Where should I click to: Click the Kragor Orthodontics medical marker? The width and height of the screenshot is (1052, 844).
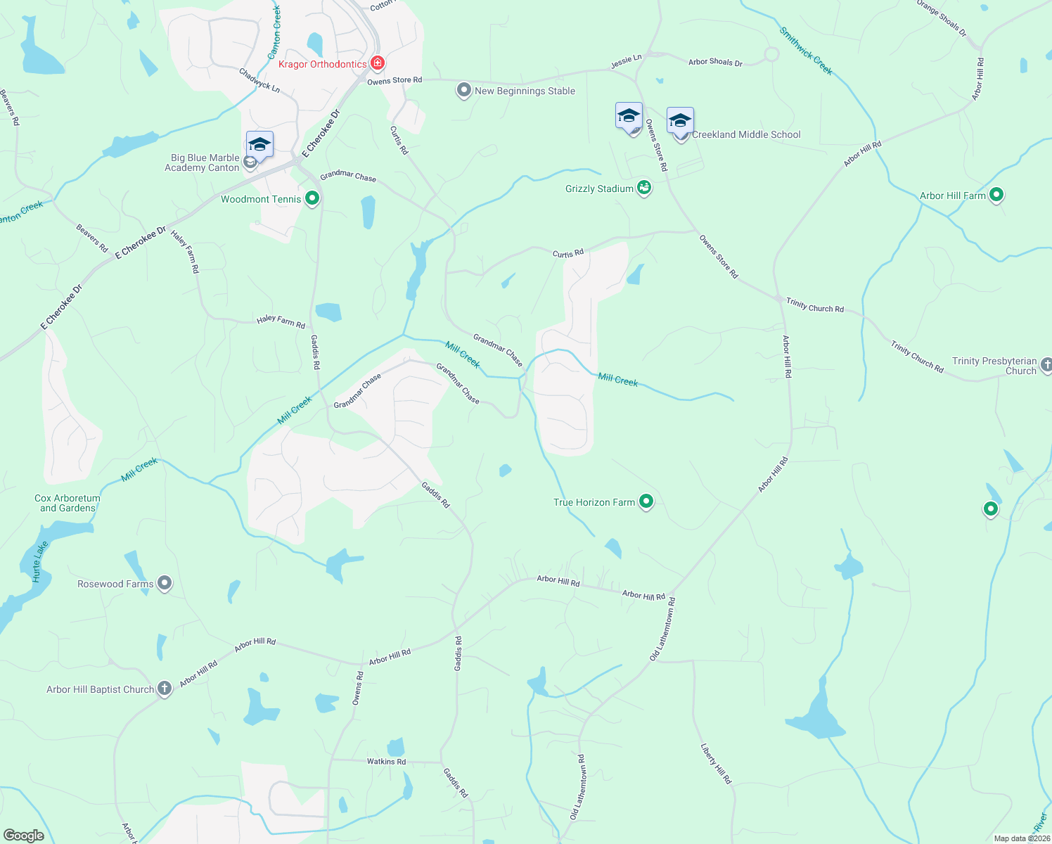pyautogui.click(x=378, y=64)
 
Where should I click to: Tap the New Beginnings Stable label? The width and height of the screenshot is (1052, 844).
pyautogui.click(x=525, y=91)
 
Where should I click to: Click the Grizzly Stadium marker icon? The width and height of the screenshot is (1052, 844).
pyautogui.click(x=644, y=188)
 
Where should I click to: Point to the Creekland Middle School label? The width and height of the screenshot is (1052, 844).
pyautogui.click(x=746, y=134)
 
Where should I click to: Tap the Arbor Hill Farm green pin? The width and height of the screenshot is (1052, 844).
pyautogui.click(x=996, y=195)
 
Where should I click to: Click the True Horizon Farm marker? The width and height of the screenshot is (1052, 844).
pyautogui.click(x=646, y=501)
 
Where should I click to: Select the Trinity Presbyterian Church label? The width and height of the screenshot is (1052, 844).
pyautogui.click(x=994, y=366)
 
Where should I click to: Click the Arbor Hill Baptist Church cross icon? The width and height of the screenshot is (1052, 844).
pyautogui.click(x=165, y=689)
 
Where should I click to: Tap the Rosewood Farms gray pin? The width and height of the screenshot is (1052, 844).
pyautogui.click(x=165, y=583)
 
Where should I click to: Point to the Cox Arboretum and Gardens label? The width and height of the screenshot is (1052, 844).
pyautogui.click(x=68, y=503)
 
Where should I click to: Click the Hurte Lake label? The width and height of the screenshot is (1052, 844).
pyautogui.click(x=39, y=561)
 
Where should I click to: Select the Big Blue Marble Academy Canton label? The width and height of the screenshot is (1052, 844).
pyautogui.click(x=202, y=162)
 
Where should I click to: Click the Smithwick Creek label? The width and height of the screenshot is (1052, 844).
pyautogui.click(x=806, y=51)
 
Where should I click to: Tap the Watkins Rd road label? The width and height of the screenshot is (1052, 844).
pyautogui.click(x=386, y=762)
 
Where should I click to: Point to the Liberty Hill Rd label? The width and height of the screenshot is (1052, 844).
pyautogui.click(x=716, y=764)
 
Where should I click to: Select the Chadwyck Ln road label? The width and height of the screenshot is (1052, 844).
pyautogui.click(x=259, y=80)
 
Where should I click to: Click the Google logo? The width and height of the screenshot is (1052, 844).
pyautogui.click(x=24, y=835)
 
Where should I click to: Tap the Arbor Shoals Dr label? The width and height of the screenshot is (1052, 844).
pyautogui.click(x=715, y=62)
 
